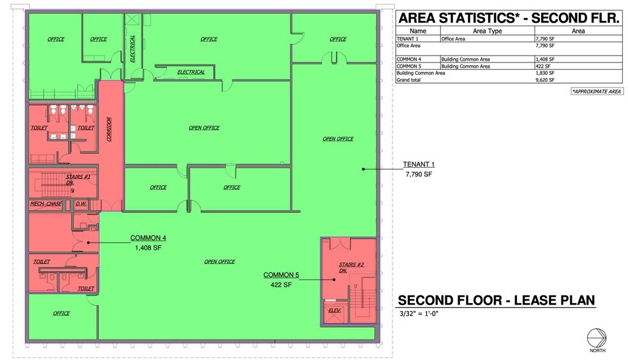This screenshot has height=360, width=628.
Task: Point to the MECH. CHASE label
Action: [46, 204]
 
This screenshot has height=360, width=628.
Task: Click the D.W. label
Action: [81, 204]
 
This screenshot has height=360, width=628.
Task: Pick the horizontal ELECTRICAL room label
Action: [191, 72]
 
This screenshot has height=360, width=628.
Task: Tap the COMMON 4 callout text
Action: [148, 238]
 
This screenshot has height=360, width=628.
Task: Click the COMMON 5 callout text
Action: [281, 275]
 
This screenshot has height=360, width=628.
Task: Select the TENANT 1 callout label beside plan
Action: [419, 164]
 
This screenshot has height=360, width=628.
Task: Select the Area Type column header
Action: [487, 31]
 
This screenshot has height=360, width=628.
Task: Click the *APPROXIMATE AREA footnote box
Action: [597, 92]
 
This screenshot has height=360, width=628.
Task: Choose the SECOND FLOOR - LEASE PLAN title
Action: [497, 300]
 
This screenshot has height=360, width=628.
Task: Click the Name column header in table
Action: [418, 31]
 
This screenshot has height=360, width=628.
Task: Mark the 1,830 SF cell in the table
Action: [545, 73]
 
